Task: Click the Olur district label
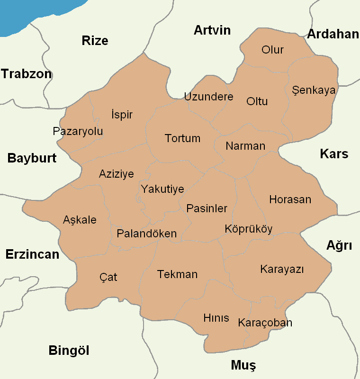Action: click(272, 50)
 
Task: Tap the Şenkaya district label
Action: click(314, 90)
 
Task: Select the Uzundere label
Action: click(208, 97)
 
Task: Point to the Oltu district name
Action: click(257, 101)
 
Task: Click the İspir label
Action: click(121, 115)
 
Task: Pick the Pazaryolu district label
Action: click(78, 131)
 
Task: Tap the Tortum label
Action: click(182, 138)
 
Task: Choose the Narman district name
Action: click(245, 146)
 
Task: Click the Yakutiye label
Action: click(162, 189)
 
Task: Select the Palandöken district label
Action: click(146, 234)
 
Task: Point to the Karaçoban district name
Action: click(265, 323)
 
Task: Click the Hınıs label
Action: click(216, 317)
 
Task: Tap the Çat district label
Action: click(108, 277)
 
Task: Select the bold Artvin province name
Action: click(212, 30)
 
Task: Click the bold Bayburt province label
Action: click(32, 158)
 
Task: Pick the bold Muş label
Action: click(243, 365)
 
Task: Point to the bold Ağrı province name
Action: click(339, 245)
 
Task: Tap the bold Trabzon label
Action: click(26, 74)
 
